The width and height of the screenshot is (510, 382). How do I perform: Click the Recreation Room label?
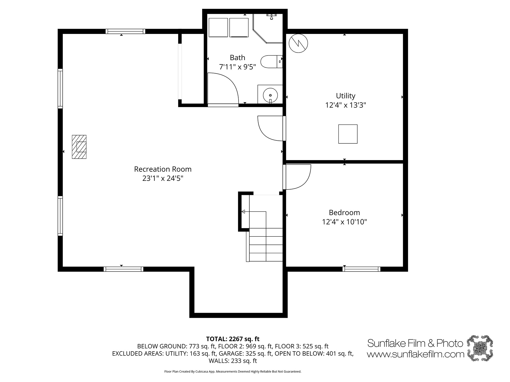163,169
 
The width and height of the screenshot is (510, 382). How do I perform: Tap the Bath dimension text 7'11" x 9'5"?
237,67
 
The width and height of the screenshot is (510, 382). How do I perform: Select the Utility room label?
345,96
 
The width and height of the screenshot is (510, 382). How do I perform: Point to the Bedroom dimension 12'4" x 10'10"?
344,222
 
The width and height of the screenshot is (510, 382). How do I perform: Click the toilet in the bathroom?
271,61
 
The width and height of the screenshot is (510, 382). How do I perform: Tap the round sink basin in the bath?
270,95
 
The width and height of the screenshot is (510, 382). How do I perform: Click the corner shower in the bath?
268,28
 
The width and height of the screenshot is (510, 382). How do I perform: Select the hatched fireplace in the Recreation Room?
79,147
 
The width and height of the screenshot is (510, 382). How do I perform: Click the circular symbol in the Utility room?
298,43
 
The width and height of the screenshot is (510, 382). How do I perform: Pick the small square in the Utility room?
348,134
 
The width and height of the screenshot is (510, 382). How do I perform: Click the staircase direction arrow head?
243,212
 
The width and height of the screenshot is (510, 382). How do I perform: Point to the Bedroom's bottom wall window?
361,269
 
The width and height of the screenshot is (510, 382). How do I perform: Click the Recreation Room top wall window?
125,31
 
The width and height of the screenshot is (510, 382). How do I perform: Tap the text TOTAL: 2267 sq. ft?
233,339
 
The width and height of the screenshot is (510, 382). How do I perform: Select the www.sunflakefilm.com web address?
416,354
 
